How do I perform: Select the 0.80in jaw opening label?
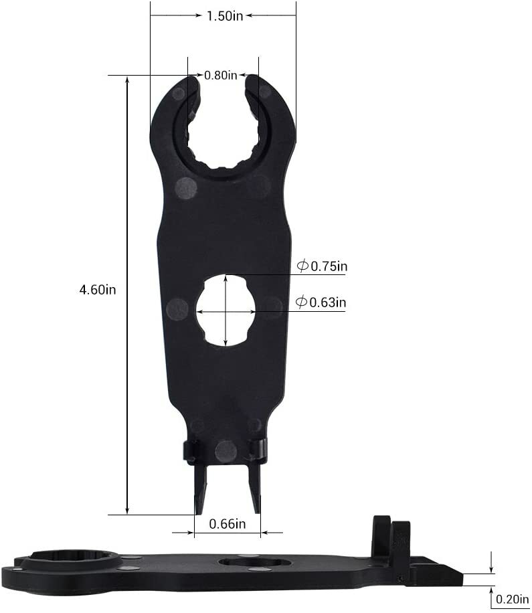(x=220, y=76)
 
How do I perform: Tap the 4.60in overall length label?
(x=98, y=290)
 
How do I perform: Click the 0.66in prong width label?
(x=228, y=524)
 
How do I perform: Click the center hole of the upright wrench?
(x=226, y=311)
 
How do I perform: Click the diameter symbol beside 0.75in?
(x=302, y=266)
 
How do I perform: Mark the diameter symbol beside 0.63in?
(x=302, y=302)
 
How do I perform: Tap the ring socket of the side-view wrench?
(x=67, y=562)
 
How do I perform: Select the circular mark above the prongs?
(x=226, y=451)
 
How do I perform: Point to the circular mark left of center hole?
(x=177, y=309)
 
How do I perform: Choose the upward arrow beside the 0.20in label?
(x=492, y=592)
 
